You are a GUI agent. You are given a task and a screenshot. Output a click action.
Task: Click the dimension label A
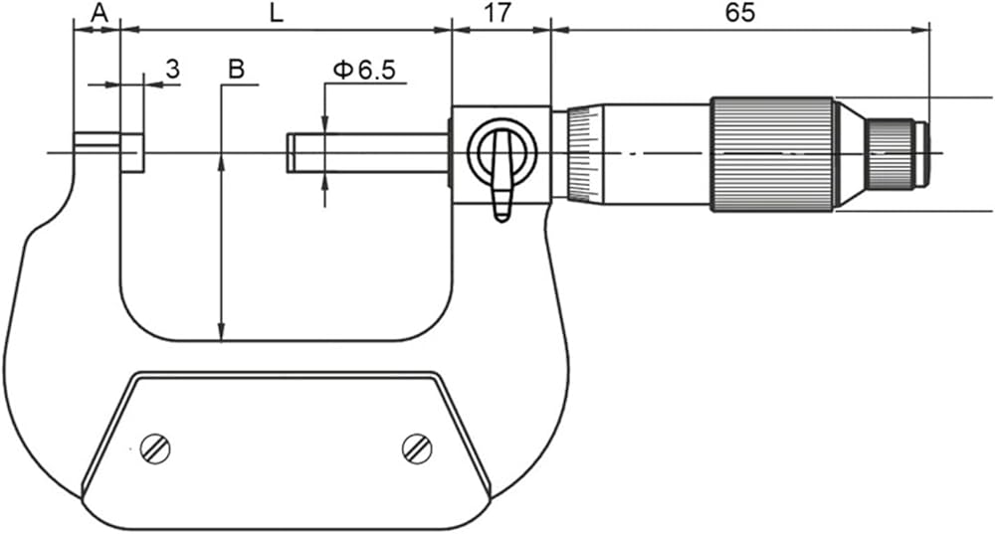(x=99, y=12)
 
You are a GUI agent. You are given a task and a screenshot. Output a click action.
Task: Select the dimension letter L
(x=276, y=13)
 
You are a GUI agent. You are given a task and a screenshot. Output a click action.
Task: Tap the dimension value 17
(x=498, y=13)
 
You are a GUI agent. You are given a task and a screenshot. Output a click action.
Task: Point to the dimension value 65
(x=740, y=13)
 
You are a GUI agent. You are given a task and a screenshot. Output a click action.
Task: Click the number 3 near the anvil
(x=173, y=69)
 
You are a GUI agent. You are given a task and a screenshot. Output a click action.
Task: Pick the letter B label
(x=236, y=69)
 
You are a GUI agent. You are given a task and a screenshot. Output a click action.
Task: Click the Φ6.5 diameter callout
(x=364, y=70)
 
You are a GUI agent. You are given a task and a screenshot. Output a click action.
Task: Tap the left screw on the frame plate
(x=155, y=448)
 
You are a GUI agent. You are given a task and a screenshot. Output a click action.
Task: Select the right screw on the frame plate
(x=417, y=448)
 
